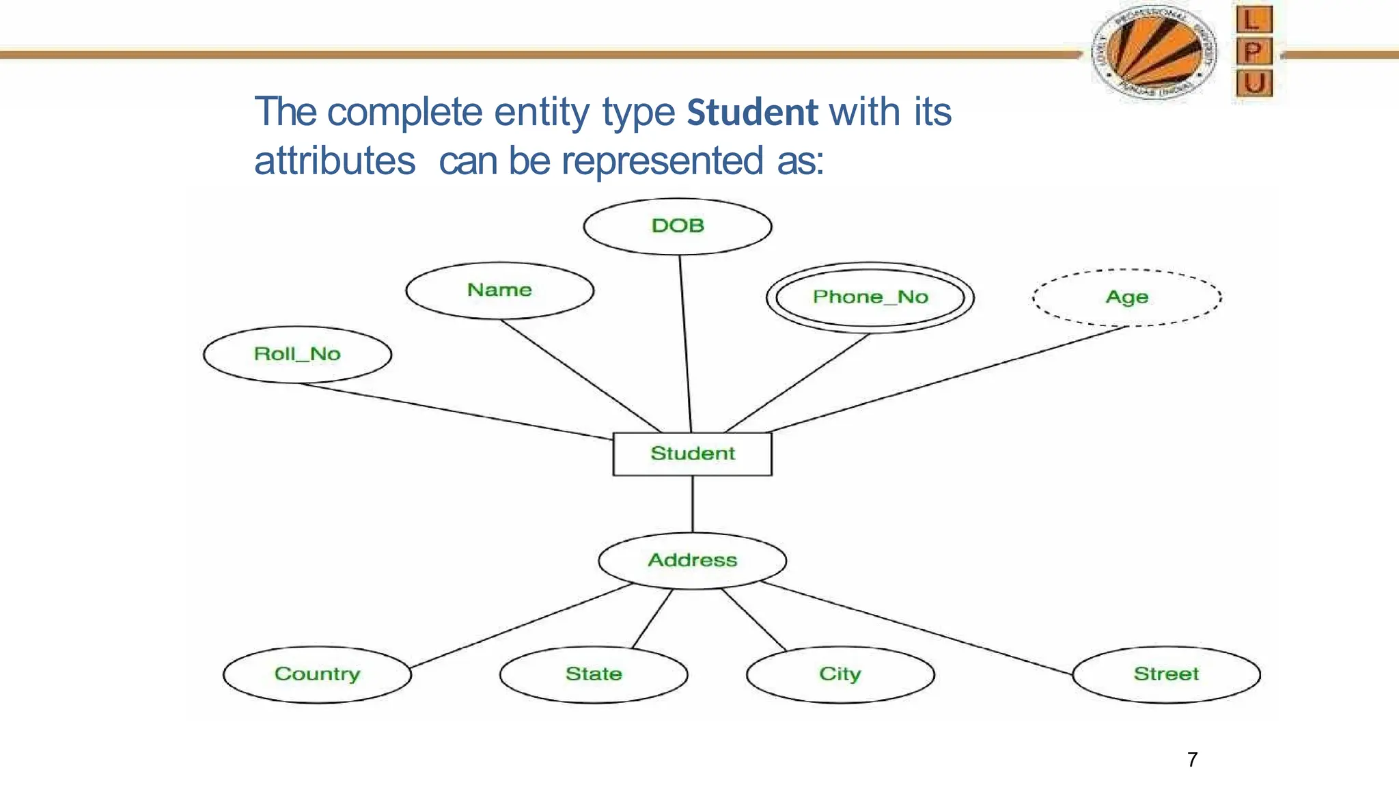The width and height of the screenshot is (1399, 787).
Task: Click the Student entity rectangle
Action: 692,454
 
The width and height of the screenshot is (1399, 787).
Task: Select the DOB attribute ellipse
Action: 678,226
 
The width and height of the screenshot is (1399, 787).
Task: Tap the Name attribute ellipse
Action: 499,290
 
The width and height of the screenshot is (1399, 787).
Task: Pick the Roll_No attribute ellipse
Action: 297,354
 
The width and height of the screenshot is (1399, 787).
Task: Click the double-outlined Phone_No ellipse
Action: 870,297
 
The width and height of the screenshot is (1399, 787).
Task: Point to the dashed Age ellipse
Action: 1126,297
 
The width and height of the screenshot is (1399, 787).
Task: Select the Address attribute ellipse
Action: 692,560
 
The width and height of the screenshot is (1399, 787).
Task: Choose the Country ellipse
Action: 317,674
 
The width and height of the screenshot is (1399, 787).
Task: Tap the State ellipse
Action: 594,674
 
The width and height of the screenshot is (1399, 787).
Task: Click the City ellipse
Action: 840,674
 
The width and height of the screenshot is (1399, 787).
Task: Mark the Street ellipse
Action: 1166,674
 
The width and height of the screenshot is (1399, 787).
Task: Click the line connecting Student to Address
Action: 693,504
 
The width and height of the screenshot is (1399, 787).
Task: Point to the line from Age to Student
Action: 950,379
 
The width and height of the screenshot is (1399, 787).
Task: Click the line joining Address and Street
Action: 915,629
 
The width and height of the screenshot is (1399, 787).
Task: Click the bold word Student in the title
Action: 752,113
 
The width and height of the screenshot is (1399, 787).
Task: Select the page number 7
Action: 1192,760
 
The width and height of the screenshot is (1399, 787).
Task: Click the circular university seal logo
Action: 1154,53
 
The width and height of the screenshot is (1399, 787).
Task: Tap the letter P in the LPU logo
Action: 1253,51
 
